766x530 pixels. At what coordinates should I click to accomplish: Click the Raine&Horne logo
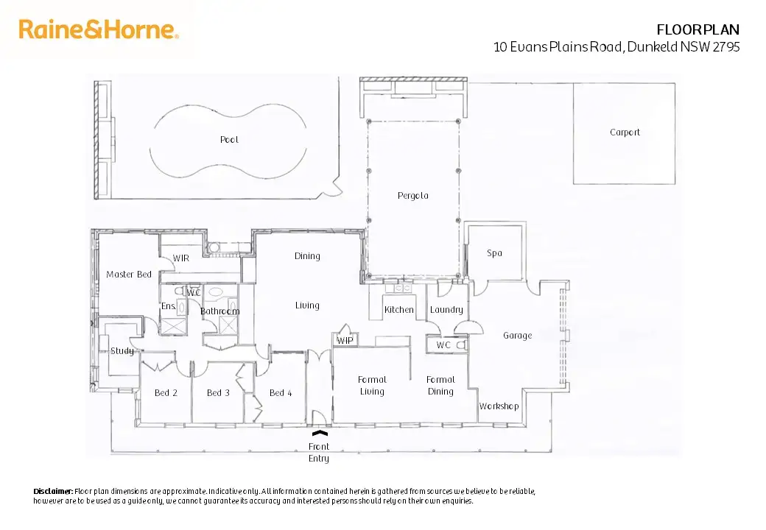coord(99,29)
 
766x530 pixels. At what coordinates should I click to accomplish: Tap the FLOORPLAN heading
coord(698,29)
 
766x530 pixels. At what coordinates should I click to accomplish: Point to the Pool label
coord(229,139)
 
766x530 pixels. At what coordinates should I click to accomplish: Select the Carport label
coord(625,132)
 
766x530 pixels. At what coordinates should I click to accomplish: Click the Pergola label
coord(412,196)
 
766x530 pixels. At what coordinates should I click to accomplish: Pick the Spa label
coord(494,252)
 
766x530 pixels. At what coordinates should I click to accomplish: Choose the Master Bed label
coord(129,274)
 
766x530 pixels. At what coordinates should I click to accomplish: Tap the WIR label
coord(181,258)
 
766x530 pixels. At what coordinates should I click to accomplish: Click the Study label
coord(122,350)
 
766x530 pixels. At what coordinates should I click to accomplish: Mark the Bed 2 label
coord(166,392)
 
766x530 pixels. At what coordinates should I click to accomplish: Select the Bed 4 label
coord(281,392)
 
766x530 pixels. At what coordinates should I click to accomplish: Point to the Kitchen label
coord(399,310)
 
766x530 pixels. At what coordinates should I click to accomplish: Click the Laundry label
coord(446,310)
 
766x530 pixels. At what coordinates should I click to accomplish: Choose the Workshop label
coord(499,406)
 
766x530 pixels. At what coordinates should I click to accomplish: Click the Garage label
coord(517,335)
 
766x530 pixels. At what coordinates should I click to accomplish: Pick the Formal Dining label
coord(440,385)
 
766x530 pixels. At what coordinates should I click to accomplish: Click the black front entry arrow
coord(319,435)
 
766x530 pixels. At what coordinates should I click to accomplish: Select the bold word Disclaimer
coord(53,491)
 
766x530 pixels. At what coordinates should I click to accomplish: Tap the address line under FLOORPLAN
coord(616,47)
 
